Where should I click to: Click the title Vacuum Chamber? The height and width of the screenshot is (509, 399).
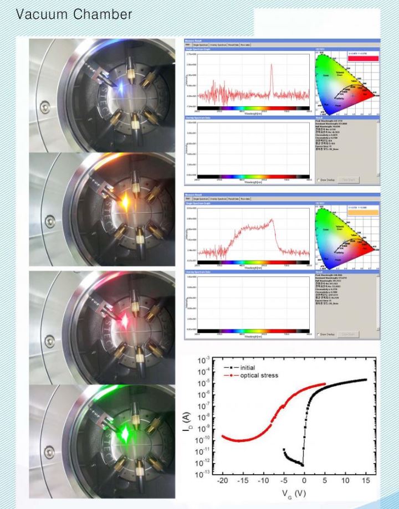(75, 14)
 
